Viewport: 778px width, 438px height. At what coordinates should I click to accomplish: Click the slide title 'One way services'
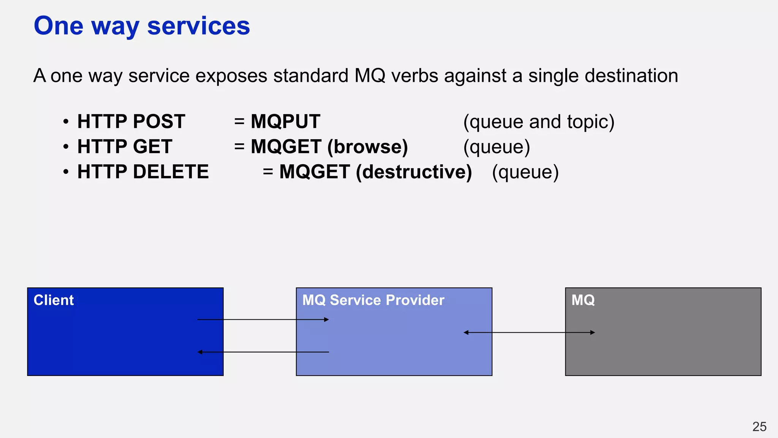pyautogui.click(x=142, y=26)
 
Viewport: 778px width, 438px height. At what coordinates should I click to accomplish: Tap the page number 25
pyautogui.click(x=759, y=427)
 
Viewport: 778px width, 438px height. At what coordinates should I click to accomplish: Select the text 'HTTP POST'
pyautogui.click(x=131, y=122)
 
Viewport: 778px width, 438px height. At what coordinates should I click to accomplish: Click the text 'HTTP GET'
pyautogui.click(x=125, y=147)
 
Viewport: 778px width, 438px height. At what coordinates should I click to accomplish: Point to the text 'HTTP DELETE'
pyautogui.click(x=143, y=172)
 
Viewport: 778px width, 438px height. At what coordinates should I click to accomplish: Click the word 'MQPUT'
pyautogui.click(x=285, y=122)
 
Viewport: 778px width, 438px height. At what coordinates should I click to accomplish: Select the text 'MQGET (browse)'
pyautogui.click(x=329, y=147)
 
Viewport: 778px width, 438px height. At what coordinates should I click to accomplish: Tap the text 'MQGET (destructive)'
pyautogui.click(x=375, y=172)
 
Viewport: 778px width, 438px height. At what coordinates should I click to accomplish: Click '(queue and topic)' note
pyautogui.click(x=539, y=122)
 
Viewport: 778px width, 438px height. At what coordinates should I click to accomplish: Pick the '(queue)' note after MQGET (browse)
pyautogui.click(x=497, y=147)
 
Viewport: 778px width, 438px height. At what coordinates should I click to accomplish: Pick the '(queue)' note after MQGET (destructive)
pyautogui.click(x=525, y=172)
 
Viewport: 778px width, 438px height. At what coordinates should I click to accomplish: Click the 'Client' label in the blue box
pyautogui.click(x=54, y=300)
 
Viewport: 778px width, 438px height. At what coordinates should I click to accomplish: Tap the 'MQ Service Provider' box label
pyautogui.click(x=373, y=300)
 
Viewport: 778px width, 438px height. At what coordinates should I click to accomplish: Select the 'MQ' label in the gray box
pyautogui.click(x=583, y=300)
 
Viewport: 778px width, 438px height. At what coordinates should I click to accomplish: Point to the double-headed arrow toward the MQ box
pyautogui.click(x=529, y=332)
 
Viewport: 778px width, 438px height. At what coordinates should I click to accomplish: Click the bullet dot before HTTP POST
pyautogui.click(x=66, y=122)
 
